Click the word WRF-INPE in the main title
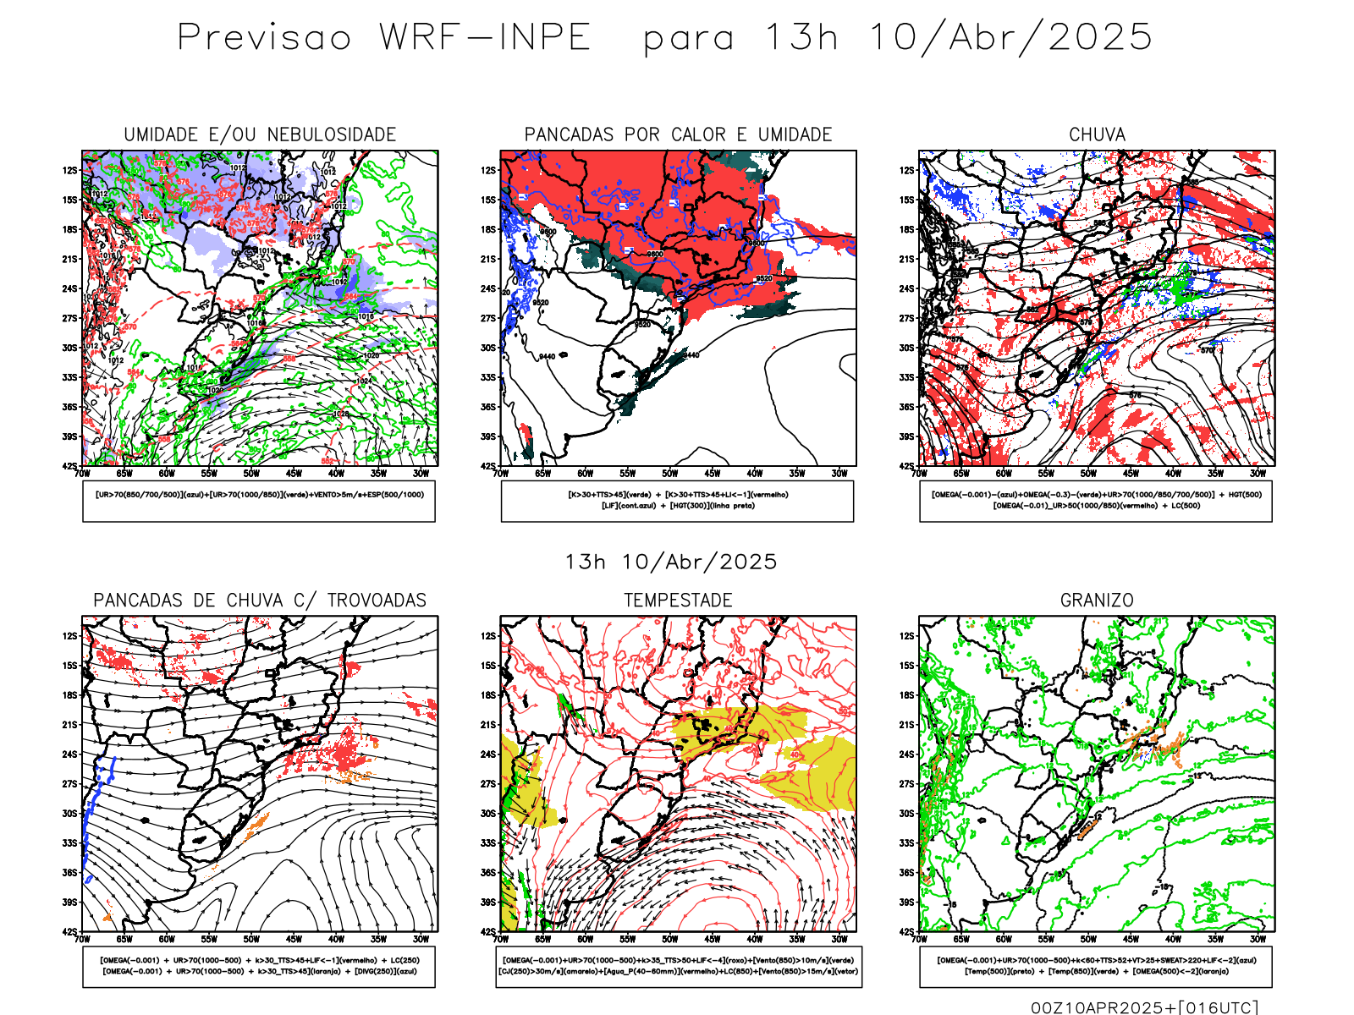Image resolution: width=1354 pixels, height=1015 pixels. click(x=484, y=38)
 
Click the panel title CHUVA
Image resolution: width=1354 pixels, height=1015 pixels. click(x=1097, y=134)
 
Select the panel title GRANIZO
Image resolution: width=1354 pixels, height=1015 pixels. click(x=1097, y=601)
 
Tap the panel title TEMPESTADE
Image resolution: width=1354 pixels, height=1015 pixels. click(x=678, y=601)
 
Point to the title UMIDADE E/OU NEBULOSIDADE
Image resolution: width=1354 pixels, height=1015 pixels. click(x=260, y=134)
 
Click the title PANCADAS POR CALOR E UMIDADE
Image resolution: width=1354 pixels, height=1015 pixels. click(x=678, y=134)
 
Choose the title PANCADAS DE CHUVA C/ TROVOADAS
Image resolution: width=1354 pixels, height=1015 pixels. click(x=260, y=601)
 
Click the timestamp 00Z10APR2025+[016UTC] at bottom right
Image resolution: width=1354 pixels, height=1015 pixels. click(x=1144, y=1007)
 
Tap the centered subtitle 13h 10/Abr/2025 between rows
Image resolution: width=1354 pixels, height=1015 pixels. click(x=670, y=562)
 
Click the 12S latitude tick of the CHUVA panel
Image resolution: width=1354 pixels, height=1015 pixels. click(x=907, y=170)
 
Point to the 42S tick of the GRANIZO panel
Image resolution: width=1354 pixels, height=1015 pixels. click(x=907, y=932)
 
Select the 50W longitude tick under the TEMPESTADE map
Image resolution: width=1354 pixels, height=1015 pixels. click(x=670, y=939)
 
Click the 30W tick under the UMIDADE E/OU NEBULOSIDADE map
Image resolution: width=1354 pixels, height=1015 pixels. click(x=421, y=474)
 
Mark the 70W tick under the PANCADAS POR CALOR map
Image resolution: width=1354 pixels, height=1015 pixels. click(x=501, y=474)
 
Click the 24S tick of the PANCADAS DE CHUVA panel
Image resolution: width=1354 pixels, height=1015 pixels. click(x=69, y=754)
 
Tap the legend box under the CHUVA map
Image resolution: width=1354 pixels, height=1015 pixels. click(x=1096, y=501)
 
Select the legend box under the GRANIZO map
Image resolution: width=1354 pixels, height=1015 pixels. click(x=1096, y=966)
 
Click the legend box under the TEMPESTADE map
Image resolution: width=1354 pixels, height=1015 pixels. click(x=678, y=966)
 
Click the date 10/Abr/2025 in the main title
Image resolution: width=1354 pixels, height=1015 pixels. click(x=1011, y=38)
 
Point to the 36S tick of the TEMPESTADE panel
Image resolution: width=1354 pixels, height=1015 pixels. click(x=488, y=873)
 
